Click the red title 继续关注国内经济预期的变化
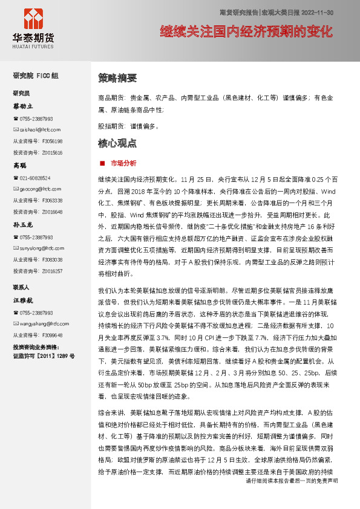coord(248,32)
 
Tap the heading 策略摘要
coord(117,78)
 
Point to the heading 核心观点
coord(117,144)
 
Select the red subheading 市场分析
coord(124,163)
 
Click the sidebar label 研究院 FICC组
coord(36,76)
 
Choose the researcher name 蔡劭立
coord(24,106)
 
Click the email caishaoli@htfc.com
coord(37,129)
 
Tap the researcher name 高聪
coord(20,165)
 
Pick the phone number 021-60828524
coord(35,178)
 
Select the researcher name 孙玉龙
coord(24,224)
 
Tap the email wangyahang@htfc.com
coord(40,323)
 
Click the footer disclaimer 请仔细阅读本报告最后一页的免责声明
coord(292,498)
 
